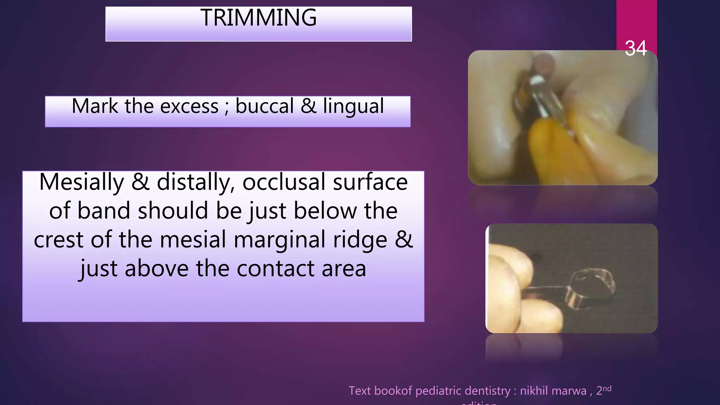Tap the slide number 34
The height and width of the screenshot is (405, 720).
click(x=636, y=49)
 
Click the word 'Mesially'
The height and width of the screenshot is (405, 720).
click(x=82, y=182)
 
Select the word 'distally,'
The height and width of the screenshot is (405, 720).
click(x=195, y=183)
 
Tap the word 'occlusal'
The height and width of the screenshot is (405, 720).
click(x=284, y=182)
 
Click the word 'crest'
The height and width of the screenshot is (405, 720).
click(x=58, y=240)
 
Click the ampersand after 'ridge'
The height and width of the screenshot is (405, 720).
click(x=404, y=240)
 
